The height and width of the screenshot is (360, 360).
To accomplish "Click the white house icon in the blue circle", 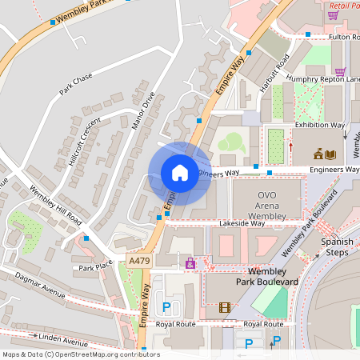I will click(x=180, y=172).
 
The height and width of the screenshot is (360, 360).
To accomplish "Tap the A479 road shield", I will click(x=138, y=262).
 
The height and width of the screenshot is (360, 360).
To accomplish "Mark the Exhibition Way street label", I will click(x=319, y=126).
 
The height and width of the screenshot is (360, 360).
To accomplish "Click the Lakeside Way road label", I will click(x=242, y=225).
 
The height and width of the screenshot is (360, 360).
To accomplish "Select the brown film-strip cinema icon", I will click(x=225, y=307).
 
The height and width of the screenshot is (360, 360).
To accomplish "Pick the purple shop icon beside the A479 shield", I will click(x=190, y=262).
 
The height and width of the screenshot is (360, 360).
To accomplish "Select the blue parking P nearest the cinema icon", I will click(x=167, y=307).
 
